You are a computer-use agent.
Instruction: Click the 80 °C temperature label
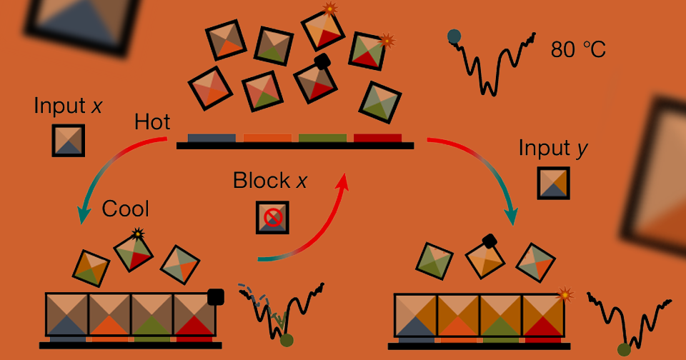[578, 49]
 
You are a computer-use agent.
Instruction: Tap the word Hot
[152, 121]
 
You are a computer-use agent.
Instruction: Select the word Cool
[126, 209]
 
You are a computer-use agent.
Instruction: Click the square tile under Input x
[69, 141]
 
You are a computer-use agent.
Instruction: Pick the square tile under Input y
[553, 183]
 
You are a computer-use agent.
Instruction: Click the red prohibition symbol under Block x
[273, 217]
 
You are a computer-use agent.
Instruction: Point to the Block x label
[270, 180]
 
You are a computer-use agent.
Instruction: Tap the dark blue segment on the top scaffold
[212, 139]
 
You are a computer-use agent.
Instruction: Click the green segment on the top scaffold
[322, 139]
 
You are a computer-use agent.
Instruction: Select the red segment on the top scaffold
[377, 139]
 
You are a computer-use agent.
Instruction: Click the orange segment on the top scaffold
[267, 139]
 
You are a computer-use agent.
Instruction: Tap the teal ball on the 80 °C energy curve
[454, 36]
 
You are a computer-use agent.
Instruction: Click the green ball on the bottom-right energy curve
[624, 350]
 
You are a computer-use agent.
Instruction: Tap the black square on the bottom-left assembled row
[216, 297]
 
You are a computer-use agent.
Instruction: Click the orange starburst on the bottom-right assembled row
[565, 295]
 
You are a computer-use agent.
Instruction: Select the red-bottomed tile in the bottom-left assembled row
[194, 314]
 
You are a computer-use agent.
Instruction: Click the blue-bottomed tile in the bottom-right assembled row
[416, 315]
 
